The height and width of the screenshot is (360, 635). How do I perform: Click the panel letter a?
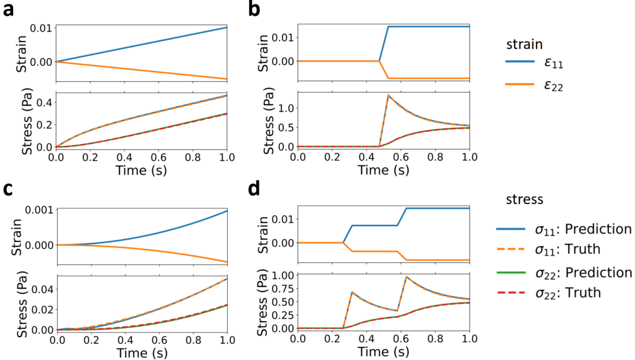point(9,10)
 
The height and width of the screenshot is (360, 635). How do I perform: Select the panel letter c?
point(8,191)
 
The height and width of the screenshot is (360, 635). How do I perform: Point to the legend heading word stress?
point(524,199)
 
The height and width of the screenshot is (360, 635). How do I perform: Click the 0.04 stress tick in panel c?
point(41,289)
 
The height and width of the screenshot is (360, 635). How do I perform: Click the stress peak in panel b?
point(387,95)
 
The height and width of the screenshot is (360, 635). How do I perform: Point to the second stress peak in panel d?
point(406,277)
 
